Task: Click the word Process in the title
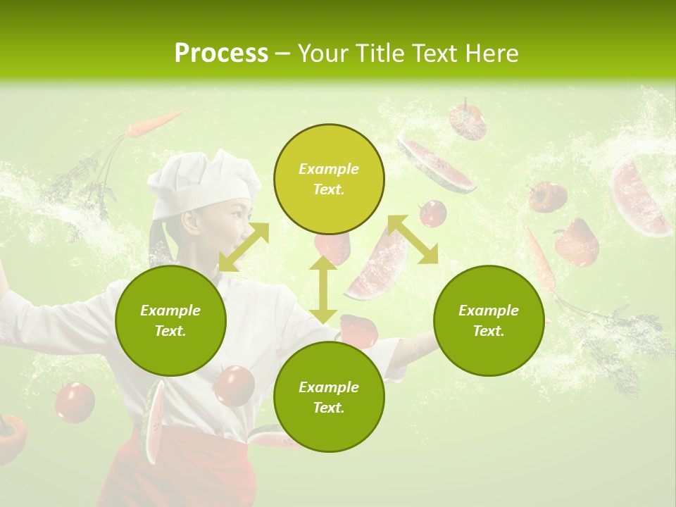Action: pos(221,54)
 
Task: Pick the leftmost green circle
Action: pos(170,320)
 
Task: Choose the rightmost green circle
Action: pos(489,320)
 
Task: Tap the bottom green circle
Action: pos(329,397)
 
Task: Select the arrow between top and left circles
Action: pos(244,246)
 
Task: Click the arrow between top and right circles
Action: pos(413,239)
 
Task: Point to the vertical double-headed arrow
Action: pos(323,289)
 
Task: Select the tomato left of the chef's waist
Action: pos(75,402)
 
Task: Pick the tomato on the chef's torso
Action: pos(234,386)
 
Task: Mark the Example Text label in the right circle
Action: pos(489,320)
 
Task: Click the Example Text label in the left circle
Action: pos(170,320)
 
